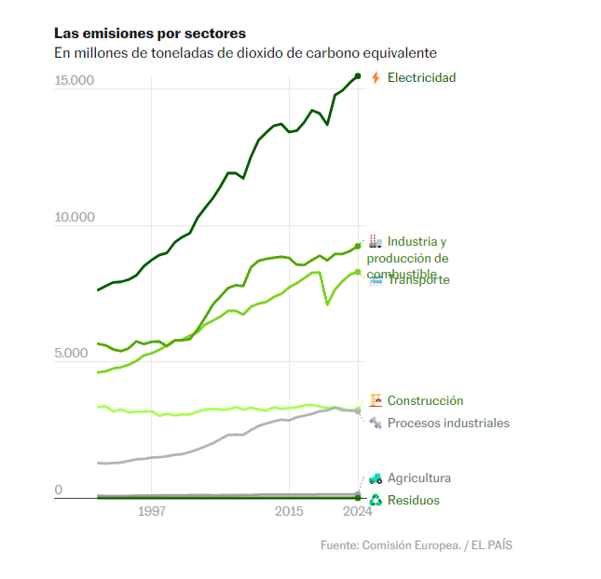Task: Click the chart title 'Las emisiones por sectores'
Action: pos(150,34)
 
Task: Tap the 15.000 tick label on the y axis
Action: pos(75,81)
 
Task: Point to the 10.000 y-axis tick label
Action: pos(75,218)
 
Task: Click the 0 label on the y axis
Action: pos(58,491)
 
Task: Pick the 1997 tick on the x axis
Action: pos(151,512)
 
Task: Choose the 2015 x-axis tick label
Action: pos(289,512)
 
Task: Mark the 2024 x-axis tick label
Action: pos(357,512)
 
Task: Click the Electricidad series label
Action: pos(422,77)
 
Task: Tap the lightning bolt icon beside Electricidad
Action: pos(376,77)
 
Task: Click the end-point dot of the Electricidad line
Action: pos(358,76)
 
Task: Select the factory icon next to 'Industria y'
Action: pos(376,241)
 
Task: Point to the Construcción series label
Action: pos(425,400)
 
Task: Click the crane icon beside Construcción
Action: pos(376,400)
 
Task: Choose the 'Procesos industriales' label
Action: pos(448,423)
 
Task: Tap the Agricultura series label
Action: pos(419,478)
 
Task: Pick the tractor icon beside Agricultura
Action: pos(376,478)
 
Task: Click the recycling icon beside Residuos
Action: pos(376,500)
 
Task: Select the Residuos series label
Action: pos(414,500)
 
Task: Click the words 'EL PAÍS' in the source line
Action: pos(490,545)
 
